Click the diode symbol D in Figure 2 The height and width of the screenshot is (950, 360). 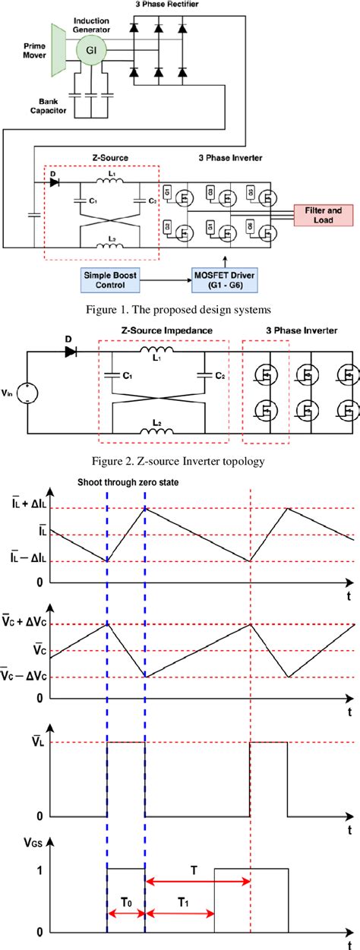(72, 352)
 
